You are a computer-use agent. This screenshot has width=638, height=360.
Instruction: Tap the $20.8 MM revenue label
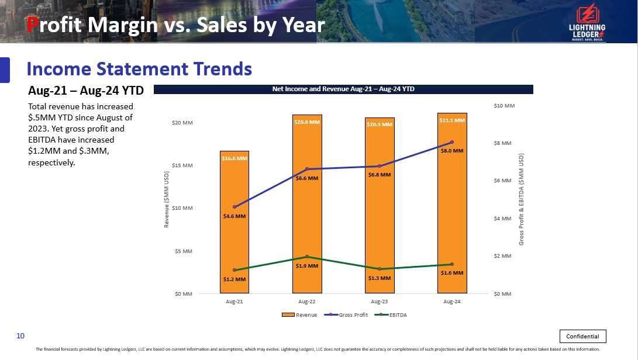[x=307, y=122]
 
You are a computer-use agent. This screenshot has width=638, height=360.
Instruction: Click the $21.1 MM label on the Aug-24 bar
[x=452, y=120]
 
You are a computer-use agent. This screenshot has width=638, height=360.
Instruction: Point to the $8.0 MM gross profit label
[x=452, y=151]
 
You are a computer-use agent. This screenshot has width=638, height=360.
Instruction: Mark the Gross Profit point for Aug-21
[x=234, y=207]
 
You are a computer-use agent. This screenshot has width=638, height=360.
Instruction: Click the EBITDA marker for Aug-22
[x=307, y=257]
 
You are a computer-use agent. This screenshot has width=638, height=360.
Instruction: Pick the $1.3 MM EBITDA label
[x=380, y=278]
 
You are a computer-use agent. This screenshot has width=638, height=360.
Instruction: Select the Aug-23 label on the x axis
[x=380, y=302]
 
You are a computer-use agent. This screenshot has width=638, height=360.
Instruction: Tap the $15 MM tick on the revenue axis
[x=183, y=165]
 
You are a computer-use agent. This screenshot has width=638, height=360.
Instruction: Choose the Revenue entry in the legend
[x=299, y=315]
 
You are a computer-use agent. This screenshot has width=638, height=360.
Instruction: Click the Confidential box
[x=583, y=336]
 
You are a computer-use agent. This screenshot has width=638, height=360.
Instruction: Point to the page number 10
[x=20, y=335]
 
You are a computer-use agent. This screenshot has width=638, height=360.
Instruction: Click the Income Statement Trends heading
[x=139, y=69]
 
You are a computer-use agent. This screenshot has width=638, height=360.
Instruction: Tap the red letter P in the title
[x=34, y=25]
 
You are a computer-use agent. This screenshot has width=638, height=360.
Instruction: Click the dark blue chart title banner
[x=343, y=89]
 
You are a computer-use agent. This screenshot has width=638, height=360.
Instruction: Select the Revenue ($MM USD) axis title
[x=167, y=199]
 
